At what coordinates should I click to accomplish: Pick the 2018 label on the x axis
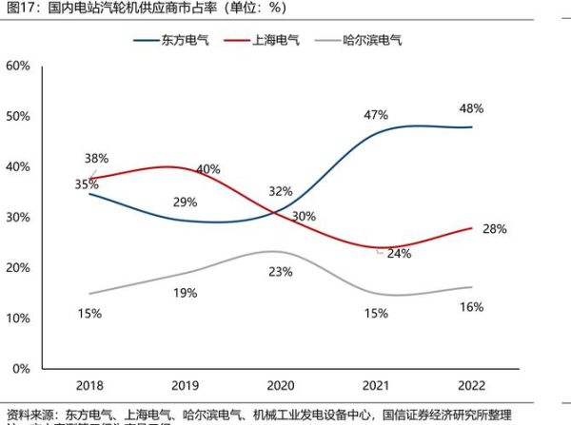tap(89, 385)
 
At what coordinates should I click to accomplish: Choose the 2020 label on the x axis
tap(280, 385)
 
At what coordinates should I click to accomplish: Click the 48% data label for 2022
tap(473, 108)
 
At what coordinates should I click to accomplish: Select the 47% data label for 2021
tap(376, 115)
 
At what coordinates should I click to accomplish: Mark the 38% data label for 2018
tap(96, 158)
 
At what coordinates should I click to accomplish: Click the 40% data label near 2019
tap(207, 169)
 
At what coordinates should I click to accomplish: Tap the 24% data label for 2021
tap(399, 254)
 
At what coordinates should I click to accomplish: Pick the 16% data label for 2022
tap(471, 306)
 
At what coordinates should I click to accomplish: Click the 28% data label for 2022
tap(494, 229)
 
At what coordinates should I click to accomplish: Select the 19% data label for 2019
tap(185, 294)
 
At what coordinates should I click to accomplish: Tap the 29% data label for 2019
tap(185, 202)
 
